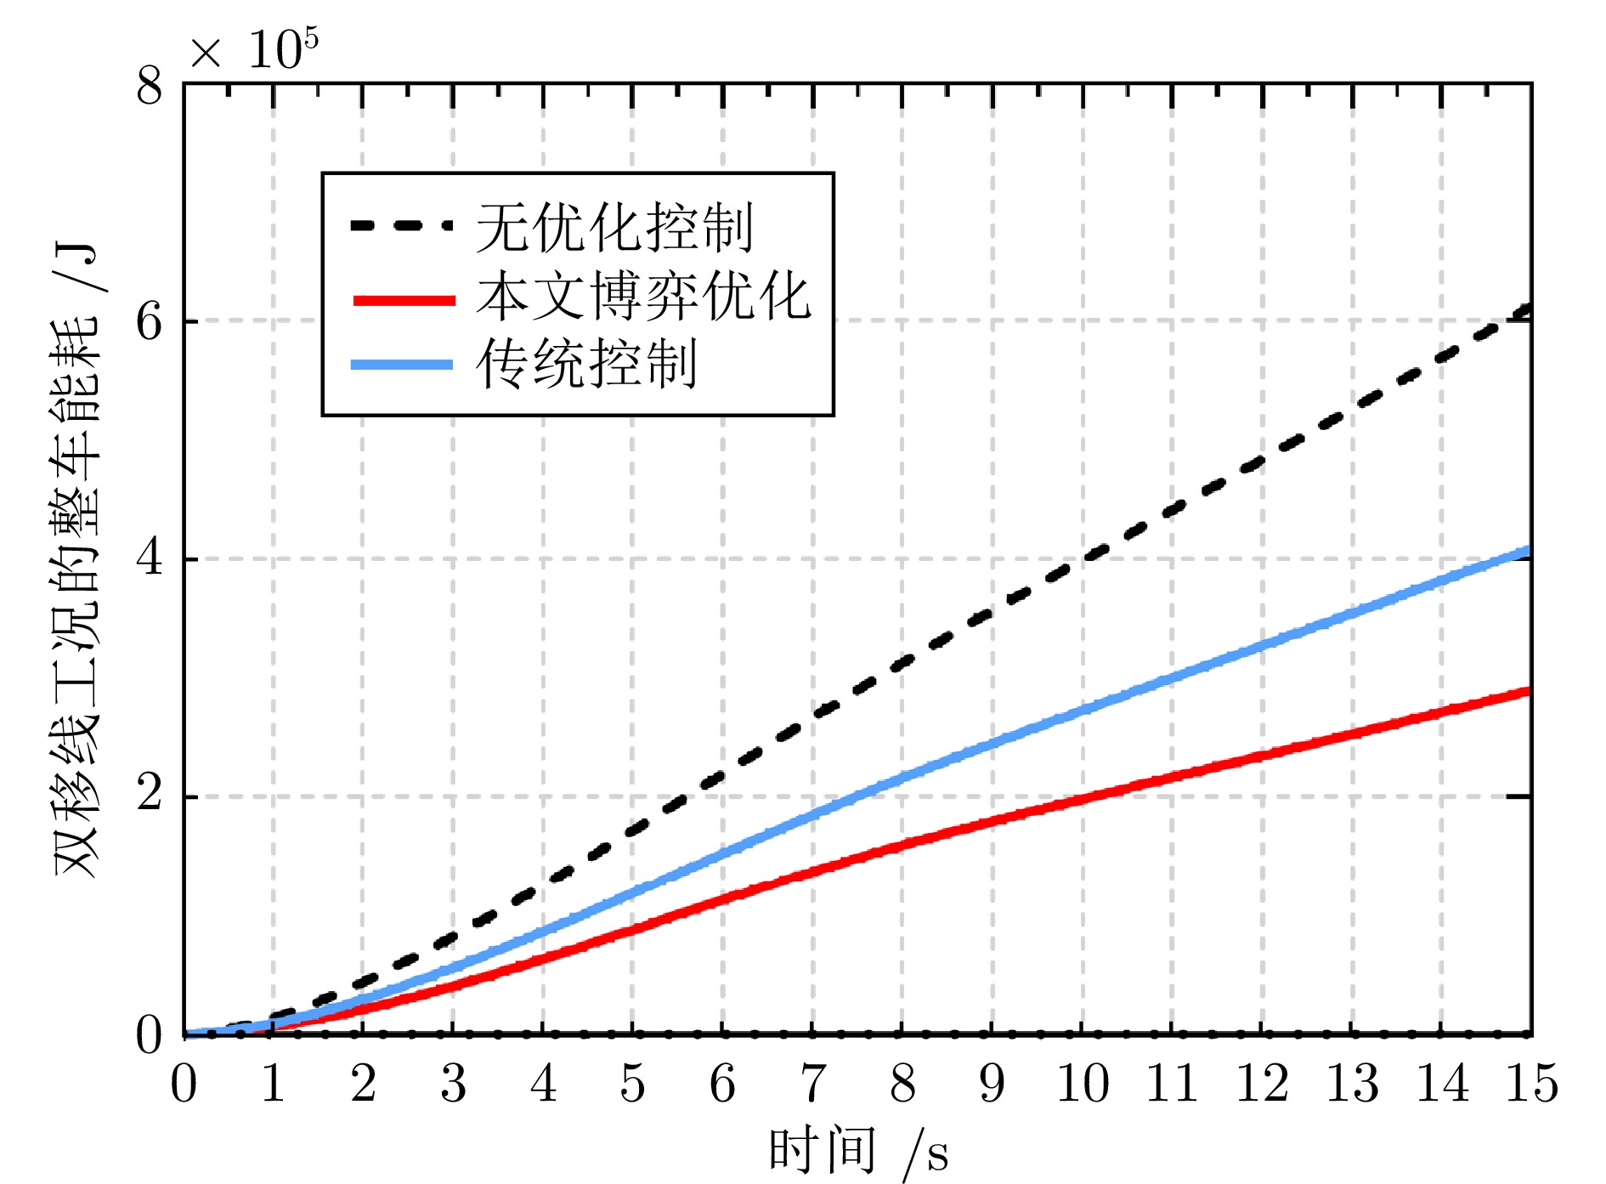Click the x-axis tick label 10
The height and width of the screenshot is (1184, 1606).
(1082, 1085)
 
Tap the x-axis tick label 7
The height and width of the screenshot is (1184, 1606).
(813, 1085)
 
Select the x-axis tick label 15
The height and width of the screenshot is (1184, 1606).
(1531, 1085)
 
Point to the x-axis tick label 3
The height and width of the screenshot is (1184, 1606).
(453, 1085)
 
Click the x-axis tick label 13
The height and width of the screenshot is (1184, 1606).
(1352, 1085)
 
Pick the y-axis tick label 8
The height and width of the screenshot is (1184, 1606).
(150, 85)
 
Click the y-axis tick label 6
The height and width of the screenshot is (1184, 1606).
(150, 322)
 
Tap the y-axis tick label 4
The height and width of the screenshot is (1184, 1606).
(150, 559)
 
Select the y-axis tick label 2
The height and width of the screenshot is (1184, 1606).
(150, 796)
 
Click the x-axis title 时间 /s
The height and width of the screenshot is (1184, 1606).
(858, 1152)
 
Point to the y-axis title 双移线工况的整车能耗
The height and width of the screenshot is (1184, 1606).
(76, 561)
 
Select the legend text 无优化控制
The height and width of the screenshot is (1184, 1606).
(614, 227)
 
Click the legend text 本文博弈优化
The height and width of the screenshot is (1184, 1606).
(643, 297)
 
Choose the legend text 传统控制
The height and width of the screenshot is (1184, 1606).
(586, 364)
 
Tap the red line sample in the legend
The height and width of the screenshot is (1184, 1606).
(404, 300)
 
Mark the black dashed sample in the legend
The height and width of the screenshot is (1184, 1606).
(401, 226)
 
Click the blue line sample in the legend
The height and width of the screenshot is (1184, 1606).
(402, 365)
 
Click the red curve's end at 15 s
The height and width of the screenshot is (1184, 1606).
(1528, 692)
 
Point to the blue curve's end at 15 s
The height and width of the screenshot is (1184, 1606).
(1528, 552)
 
